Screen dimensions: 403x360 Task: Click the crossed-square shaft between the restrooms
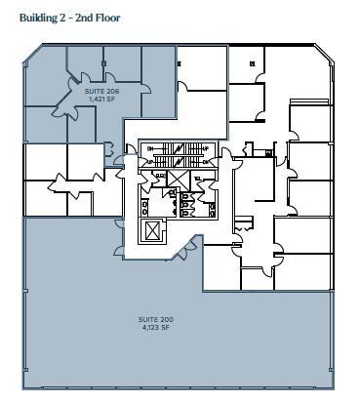click(177, 178)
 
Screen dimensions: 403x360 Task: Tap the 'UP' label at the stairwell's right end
click(206, 148)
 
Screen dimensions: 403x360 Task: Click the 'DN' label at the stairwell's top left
click(148, 147)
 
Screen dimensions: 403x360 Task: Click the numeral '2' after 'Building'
click(69, 18)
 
